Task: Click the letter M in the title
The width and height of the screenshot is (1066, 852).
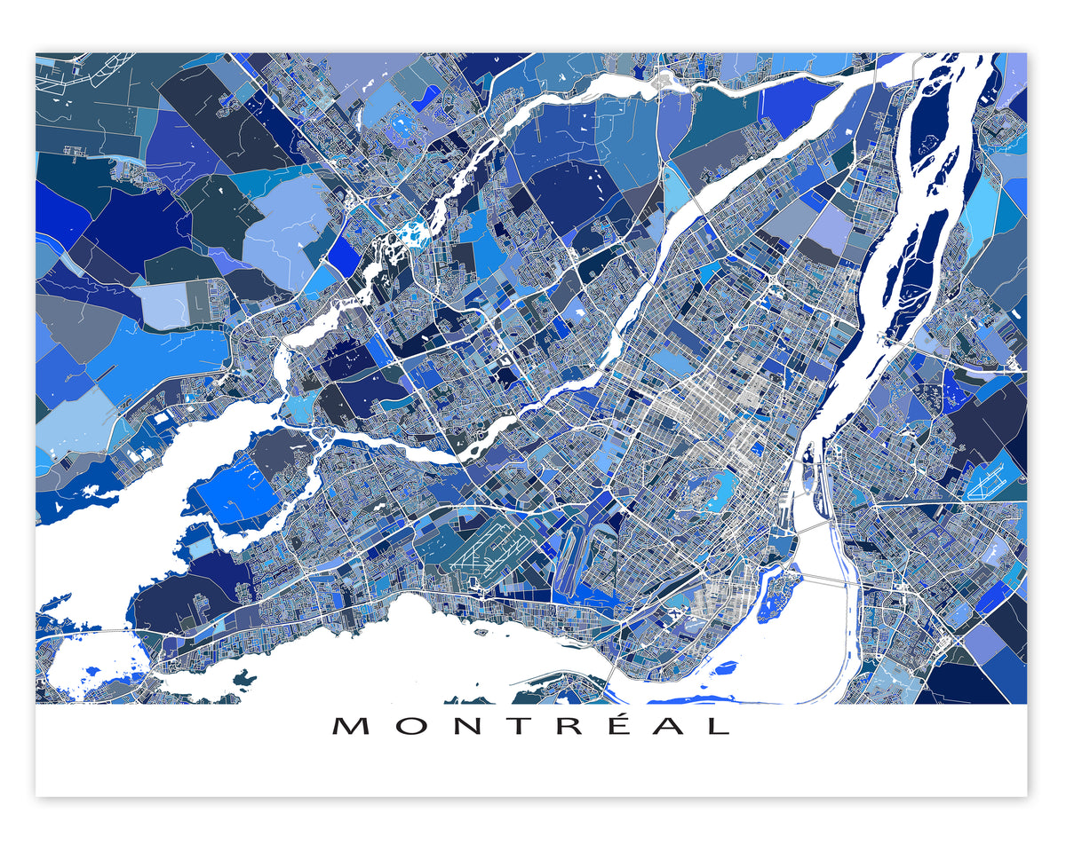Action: pos(351,726)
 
